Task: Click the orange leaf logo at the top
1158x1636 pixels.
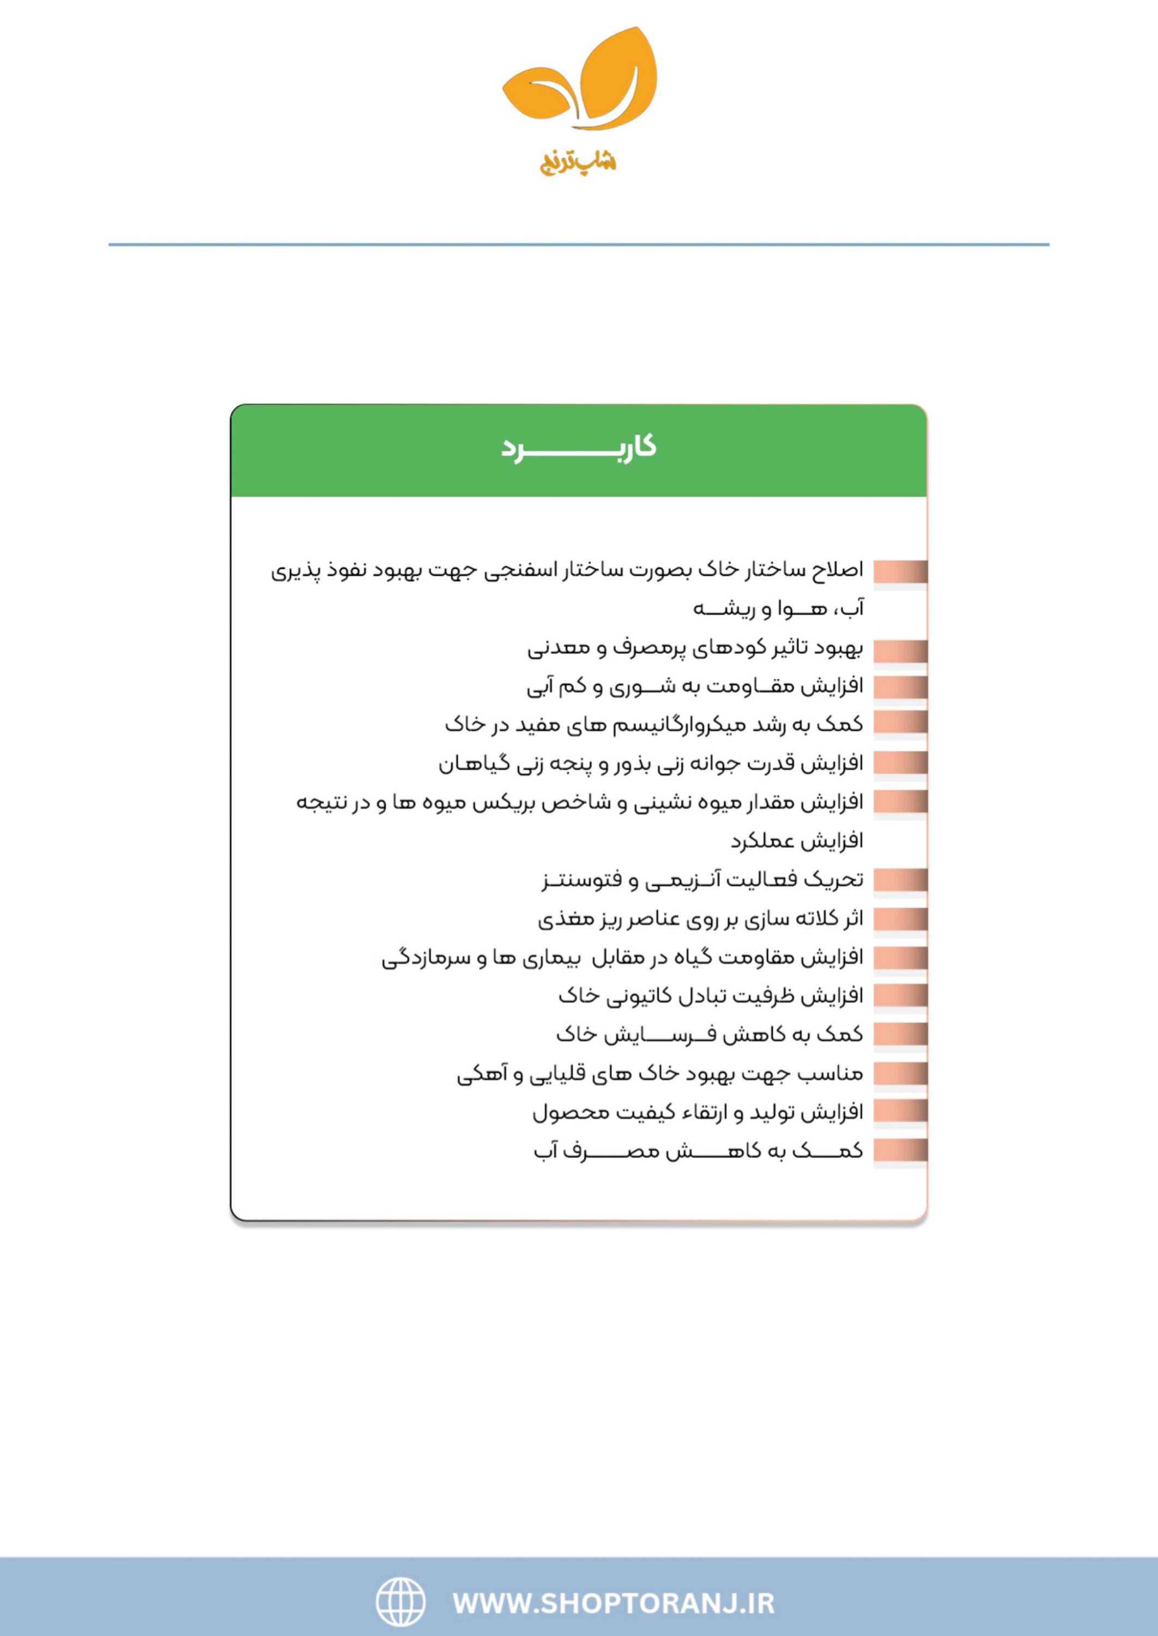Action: [x=579, y=80]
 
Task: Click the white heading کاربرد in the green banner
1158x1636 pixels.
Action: [x=578, y=448]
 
